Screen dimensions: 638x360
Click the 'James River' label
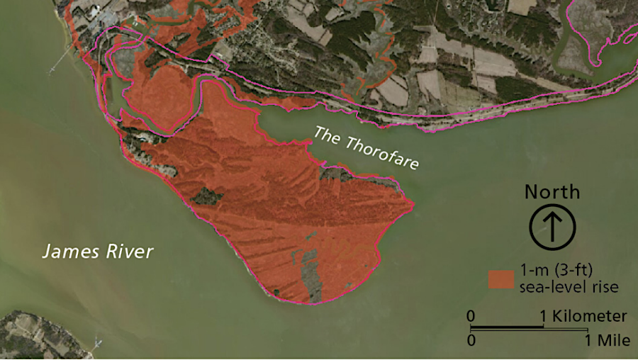(98, 251)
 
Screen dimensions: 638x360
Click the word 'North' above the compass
(552, 192)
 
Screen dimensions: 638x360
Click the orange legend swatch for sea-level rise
(500, 279)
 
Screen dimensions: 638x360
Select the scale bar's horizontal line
(529, 329)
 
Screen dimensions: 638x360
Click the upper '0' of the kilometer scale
(471, 316)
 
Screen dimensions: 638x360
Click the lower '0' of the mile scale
(471, 340)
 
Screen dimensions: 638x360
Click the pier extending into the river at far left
(60, 61)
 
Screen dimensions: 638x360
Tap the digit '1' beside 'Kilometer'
(544, 316)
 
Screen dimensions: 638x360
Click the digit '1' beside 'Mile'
(588, 340)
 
